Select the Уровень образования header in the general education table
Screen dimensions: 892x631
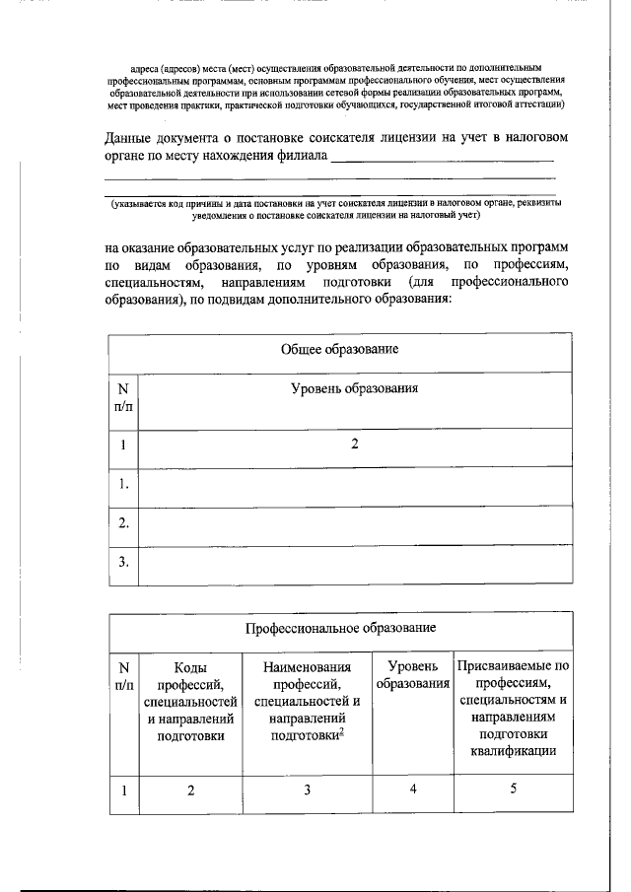(354, 388)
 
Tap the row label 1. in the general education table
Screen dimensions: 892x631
(123, 484)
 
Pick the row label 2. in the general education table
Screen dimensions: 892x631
(123, 523)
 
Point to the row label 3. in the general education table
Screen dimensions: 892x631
(123, 563)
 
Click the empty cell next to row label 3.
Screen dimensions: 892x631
(354, 563)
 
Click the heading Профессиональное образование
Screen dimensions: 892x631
(340, 627)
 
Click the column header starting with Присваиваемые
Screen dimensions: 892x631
(513, 709)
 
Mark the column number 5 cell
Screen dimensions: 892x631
(513, 789)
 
